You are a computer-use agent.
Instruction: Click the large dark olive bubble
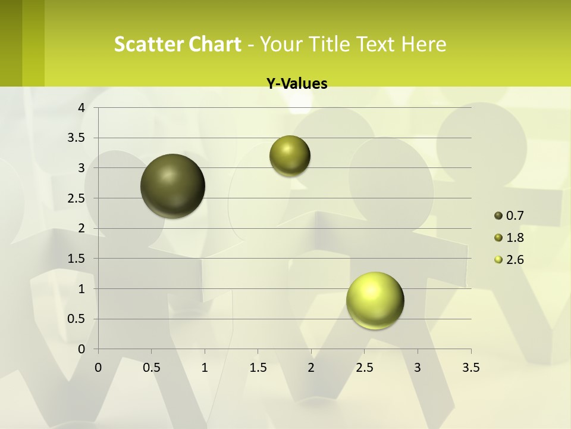172,186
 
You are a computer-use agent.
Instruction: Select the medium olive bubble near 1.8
290,156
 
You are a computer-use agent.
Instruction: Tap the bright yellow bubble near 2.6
375,300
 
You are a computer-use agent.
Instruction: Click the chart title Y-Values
297,84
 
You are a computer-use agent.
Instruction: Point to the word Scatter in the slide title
148,44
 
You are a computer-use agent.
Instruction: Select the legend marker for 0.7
498,216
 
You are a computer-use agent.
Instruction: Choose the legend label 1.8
514,238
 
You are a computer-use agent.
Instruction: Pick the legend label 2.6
514,260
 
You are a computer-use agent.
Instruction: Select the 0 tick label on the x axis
98,368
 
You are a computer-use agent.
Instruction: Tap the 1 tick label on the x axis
205,368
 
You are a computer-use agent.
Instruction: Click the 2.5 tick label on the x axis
364,368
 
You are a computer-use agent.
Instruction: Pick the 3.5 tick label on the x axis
470,368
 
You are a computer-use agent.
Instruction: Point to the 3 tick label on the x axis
418,368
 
